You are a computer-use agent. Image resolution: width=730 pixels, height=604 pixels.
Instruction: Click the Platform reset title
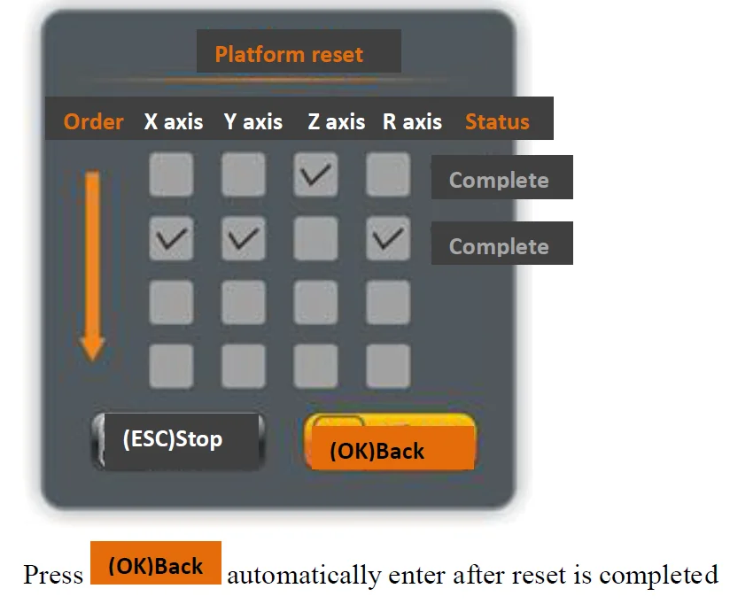click(289, 54)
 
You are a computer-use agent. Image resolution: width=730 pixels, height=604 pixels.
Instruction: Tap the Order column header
click(93, 121)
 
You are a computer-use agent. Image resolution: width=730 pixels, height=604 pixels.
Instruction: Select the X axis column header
click(174, 121)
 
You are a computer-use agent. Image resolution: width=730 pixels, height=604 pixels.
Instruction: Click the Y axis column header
click(253, 121)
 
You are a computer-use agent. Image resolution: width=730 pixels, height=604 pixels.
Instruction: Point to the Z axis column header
click(336, 121)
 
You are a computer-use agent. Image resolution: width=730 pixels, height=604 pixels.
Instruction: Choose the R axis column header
click(412, 121)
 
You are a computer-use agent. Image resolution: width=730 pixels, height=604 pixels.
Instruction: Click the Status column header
click(497, 121)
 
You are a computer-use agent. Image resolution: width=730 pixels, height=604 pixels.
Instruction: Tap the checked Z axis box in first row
click(316, 174)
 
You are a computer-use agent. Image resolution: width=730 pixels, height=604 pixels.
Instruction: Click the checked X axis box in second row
click(171, 238)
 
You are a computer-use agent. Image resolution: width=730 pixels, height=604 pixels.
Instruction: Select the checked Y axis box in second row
click(244, 238)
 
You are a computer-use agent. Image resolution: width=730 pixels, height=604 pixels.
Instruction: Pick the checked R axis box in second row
click(388, 238)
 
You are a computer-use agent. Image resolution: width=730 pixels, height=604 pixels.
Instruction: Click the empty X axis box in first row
click(171, 174)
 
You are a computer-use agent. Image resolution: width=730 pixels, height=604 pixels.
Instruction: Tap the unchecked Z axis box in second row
click(316, 238)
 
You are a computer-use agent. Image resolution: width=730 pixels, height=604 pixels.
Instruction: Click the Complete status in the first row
click(500, 180)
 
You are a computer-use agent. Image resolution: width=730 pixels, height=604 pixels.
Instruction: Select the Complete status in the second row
click(500, 245)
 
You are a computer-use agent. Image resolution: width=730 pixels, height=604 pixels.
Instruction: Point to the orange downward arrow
click(92, 266)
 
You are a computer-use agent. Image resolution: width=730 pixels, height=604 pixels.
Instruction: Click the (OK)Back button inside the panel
click(390, 443)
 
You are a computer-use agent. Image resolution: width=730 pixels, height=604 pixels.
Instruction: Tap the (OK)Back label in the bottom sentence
click(156, 565)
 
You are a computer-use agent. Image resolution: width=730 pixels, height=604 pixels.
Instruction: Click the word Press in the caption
click(53, 576)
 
